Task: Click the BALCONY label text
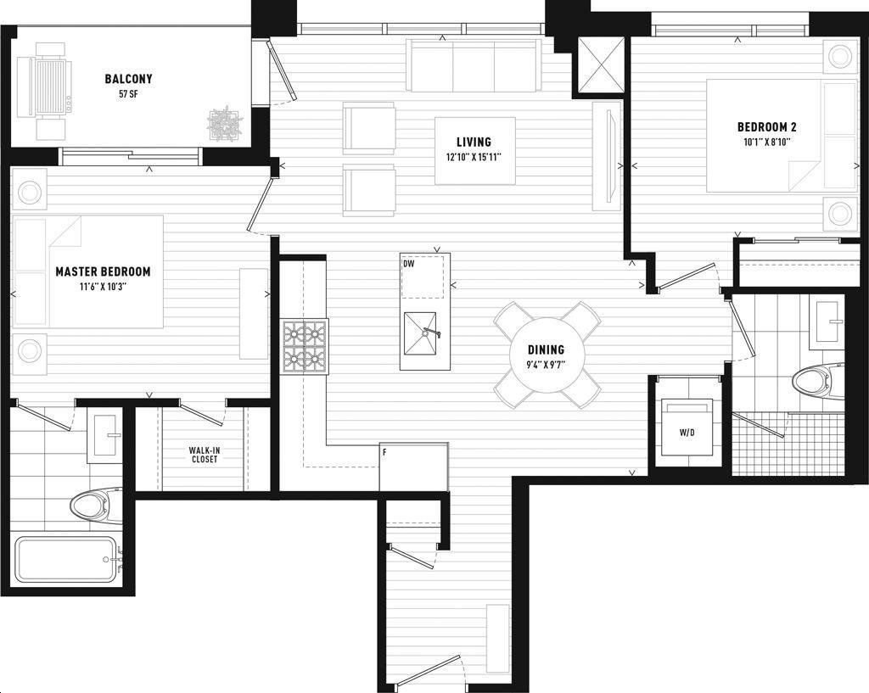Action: pos(128,79)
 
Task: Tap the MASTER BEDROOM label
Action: pos(103,271)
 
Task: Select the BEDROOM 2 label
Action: pos(767,127)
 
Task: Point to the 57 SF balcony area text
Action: pos(128,94)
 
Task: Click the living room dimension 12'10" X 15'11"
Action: pos(474,157)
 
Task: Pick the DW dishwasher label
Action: pos(409,265)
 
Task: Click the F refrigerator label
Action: pos(384,452)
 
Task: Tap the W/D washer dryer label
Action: pos(687,433)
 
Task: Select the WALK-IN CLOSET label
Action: pos(205,455)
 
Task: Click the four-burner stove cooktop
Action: pos(305,346)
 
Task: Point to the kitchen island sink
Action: pos(421,333)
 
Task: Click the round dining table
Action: pos(547,355)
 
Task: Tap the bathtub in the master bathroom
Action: pos(66,559)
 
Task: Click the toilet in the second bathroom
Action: pos(817,381)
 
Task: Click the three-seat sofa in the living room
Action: pos(474,65)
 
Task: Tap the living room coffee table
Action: pos(475,151)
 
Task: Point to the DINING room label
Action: pos(546,349)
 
